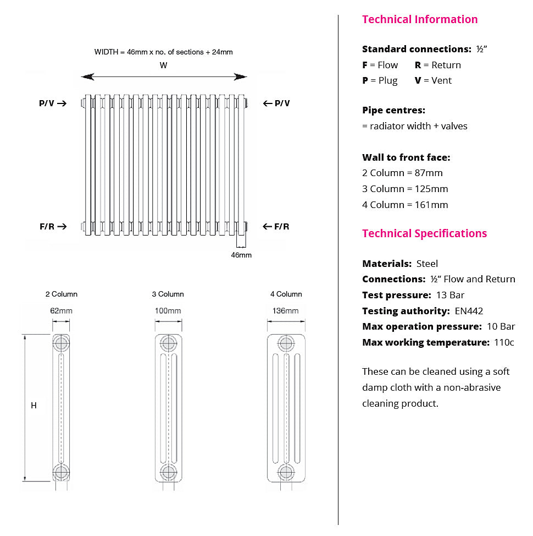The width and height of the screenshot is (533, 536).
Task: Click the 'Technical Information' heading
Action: tap(420, 19)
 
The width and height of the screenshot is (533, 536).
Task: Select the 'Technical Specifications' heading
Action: tap(424, 233)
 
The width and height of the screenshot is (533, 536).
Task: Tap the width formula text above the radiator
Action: tap(163, 52)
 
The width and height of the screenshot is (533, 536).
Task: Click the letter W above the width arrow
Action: tap(163, 65)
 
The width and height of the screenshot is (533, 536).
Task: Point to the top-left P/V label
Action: tap(47, 103)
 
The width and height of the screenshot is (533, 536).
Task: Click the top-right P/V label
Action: tap(282, 103)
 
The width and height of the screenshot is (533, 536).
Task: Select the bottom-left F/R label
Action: tap(47, 226)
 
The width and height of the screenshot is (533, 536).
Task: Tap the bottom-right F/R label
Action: tap(281, 226)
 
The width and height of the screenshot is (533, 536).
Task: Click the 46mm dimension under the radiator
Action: tap(241, 255)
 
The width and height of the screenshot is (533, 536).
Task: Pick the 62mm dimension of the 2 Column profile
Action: tap(61, 311)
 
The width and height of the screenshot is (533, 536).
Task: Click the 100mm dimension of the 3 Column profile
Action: tap(168, 311)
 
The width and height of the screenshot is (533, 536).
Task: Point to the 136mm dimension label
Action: tap(286, 311)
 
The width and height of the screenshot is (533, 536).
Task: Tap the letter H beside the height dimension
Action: tap(34, 406)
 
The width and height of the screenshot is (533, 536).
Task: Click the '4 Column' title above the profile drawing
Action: tap(286, 294)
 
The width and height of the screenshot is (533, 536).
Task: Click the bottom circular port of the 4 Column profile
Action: tap(286, 472)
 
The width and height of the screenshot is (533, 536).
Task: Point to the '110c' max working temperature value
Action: tap(504, 342)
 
